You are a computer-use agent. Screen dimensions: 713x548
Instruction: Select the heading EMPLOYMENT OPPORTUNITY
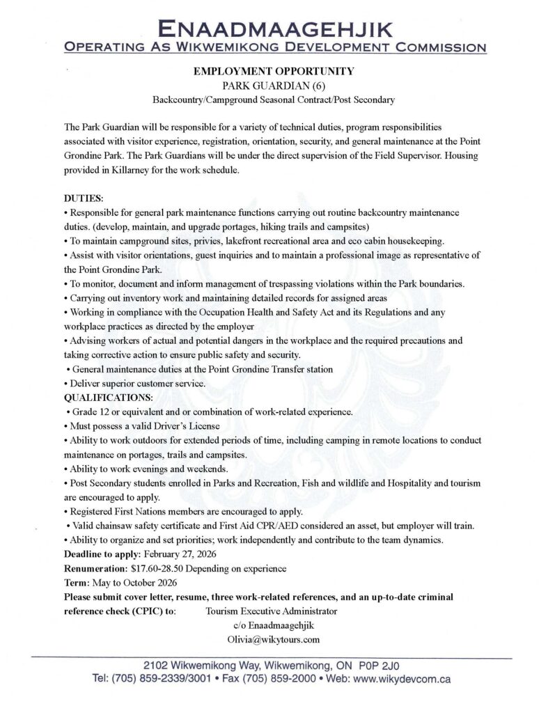click(x=274, y=71)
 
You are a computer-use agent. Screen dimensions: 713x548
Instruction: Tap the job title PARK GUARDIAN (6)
click(x=274, y=86)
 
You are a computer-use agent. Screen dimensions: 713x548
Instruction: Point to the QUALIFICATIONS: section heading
click(x=108, y=398)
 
